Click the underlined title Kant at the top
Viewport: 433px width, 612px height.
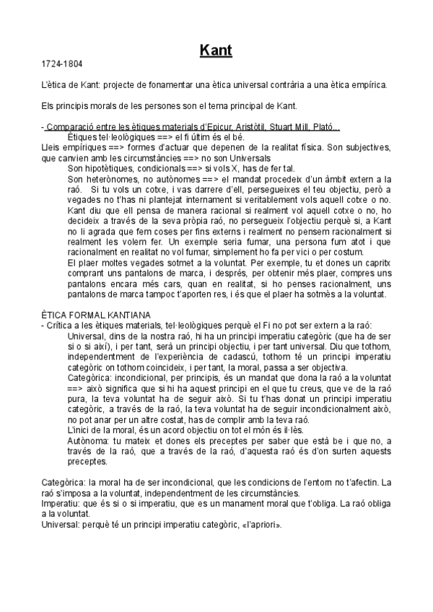coord(216,51)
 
